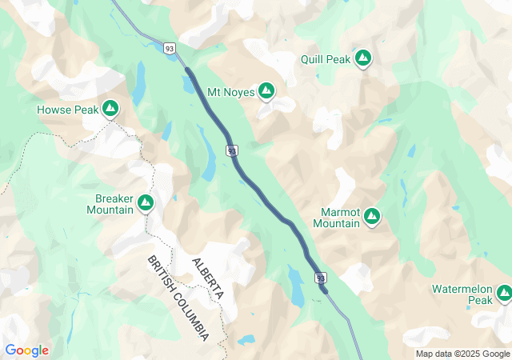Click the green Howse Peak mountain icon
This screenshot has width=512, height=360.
pos(110,107)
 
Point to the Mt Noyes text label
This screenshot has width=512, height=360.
pos(230,92)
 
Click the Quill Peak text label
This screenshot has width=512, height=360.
pos(326,58)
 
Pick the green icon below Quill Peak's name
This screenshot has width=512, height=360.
pos(363,58)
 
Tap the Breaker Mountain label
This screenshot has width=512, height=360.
pos(110,204)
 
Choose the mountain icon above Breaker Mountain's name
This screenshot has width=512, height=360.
pos(146,203)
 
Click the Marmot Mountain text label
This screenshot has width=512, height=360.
pos(336,218)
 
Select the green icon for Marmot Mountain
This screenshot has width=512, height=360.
pos(372,215)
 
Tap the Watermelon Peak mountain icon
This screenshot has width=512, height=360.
pos(503,294)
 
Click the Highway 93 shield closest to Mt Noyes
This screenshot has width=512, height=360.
pos(231,150)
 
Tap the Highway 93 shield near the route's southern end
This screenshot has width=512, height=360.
pos(321,278)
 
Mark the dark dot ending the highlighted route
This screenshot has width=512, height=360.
pos(325,290)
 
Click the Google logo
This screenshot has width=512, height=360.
pos(26,350)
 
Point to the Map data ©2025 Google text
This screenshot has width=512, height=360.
pos(462,354)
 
